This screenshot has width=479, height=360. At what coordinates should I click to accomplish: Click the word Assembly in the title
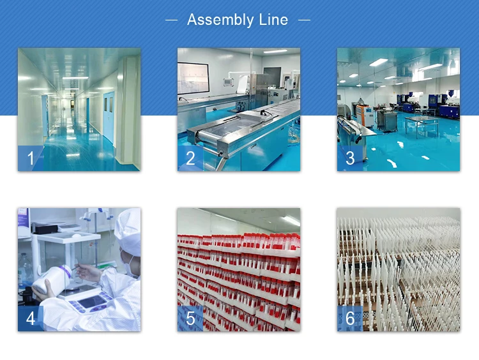pyautogui.click(x=220, y=20)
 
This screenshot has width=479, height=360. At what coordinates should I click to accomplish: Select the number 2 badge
pyautogui.click(x=190, y=158)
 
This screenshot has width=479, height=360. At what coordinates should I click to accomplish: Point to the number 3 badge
pyautogui.click(x=349, y=158)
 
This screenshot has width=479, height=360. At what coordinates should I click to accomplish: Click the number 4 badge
pyautogui.click(x=30, y=318)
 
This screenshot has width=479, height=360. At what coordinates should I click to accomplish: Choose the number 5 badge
pyautogui.click(x=190, y=318)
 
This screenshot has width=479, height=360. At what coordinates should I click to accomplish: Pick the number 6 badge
pyautogui.click(x=349, y=318)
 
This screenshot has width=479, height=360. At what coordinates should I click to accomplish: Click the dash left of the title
pyautogui.click(x=171, y=20)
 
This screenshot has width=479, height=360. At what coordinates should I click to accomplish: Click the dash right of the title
pyautogui.click(x=304, y=20)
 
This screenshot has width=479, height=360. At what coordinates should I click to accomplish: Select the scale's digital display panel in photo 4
pyautogui.click(x=89, y=301)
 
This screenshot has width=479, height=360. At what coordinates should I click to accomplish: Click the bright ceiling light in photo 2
pyautogui.click(x=275, y=52)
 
